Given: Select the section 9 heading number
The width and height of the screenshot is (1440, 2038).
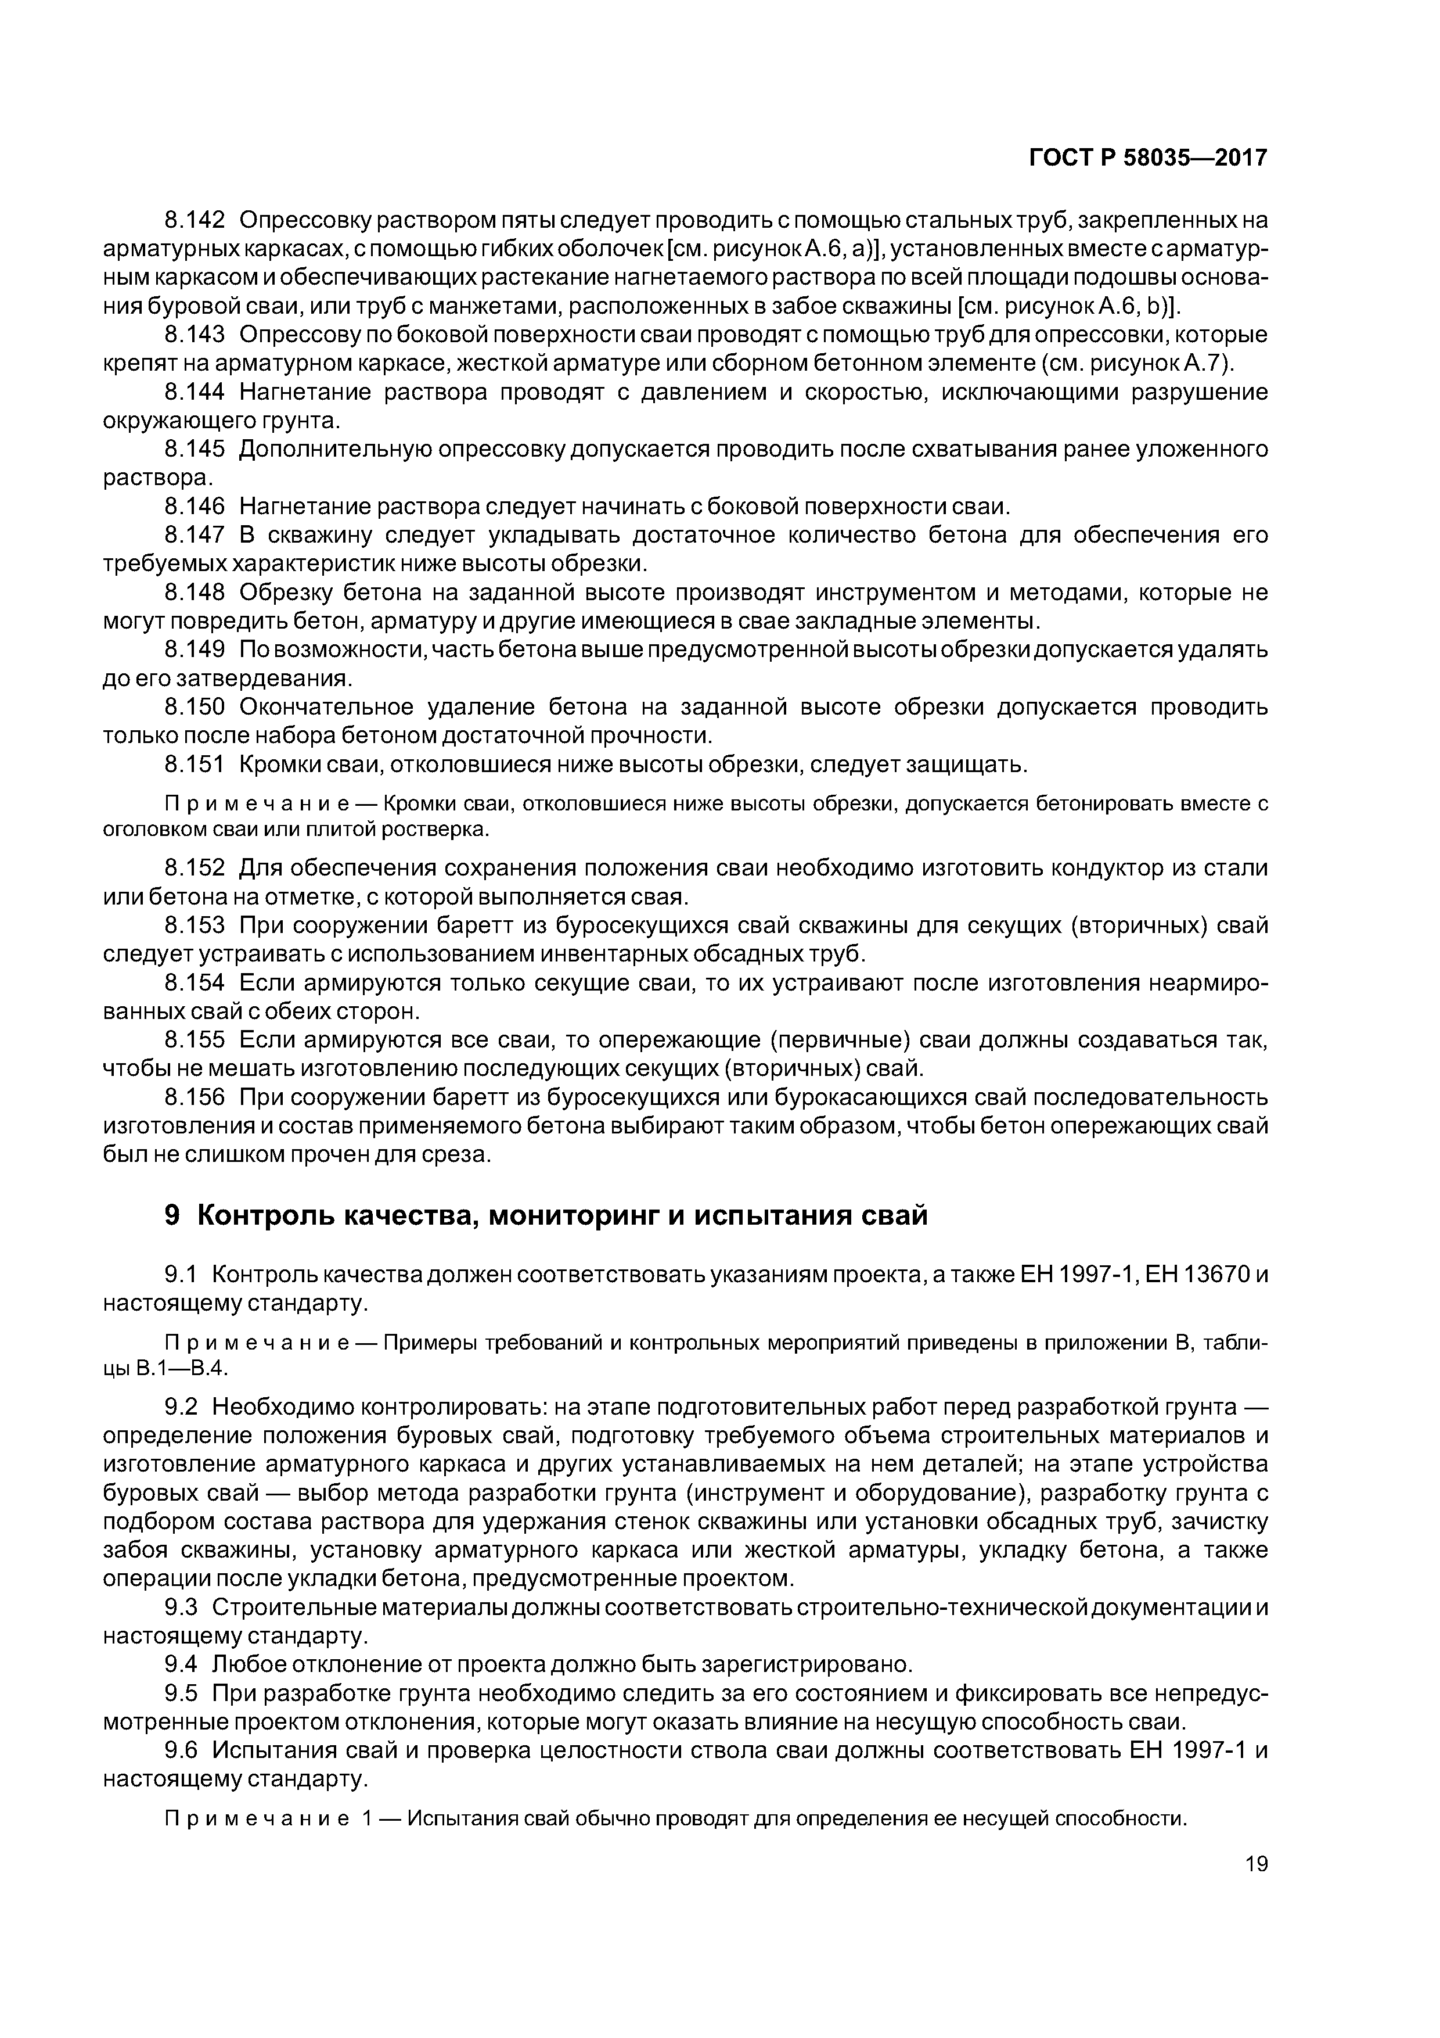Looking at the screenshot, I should point(173,1214).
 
